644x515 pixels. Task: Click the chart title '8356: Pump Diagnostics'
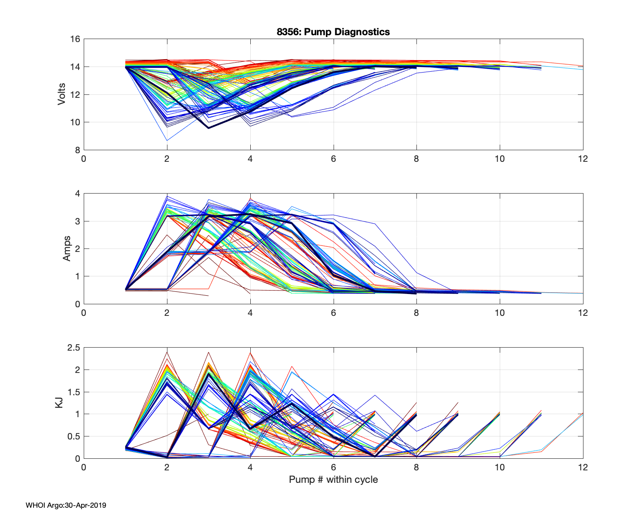[x=333, y=32]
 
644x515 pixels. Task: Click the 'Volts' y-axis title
[x=62, y=94]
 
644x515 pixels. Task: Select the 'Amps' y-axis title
[x=67, y=248]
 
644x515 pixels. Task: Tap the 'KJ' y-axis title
[x=59, y=403]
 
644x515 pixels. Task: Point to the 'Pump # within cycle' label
[x=333, y=479]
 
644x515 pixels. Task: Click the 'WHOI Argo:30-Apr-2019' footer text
[x=66, y=505]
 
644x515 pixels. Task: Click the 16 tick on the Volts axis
[x=75, y=39]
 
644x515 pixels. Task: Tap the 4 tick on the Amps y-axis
[x=77, y=194]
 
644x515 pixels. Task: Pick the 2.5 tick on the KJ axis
[x=73, y=348]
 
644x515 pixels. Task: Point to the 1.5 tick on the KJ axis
[x=73, y=392]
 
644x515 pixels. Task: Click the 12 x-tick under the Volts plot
[x=583, y=159]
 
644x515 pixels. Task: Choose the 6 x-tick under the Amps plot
[x=333, y=313]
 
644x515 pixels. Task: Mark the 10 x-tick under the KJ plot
[x=499, y=467]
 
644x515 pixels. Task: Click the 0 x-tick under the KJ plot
[x=84, y=467]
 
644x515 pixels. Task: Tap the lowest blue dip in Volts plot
[x=167, y=140]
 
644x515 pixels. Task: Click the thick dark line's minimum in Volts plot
[x=209, y=128]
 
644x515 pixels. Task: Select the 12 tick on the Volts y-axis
[x=75, y=94]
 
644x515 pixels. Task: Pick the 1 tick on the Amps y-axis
[x=77, y=276]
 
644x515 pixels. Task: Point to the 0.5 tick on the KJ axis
[x=73, y=436]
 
